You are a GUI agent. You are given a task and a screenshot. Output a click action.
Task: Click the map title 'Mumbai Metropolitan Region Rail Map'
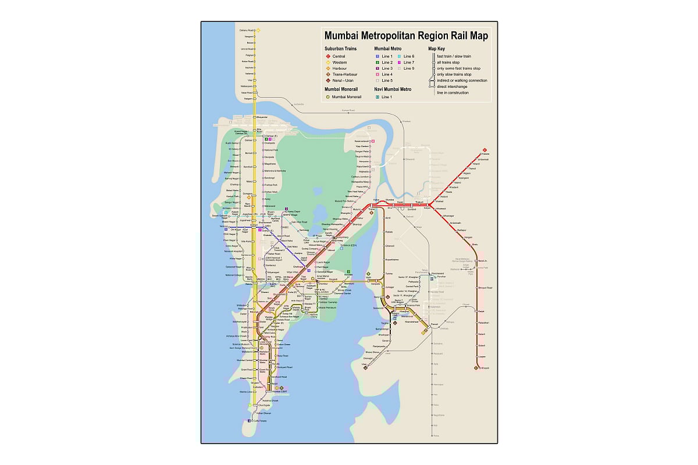(x=406, y=36)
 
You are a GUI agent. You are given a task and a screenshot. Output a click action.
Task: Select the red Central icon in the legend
(x=327, y=56)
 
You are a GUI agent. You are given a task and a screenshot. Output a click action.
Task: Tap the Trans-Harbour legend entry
(x=327, y=75)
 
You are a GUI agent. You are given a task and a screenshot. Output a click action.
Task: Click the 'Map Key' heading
(x=436, y=49)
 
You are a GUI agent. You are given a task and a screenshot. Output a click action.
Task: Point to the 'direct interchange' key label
(x=451, y=87)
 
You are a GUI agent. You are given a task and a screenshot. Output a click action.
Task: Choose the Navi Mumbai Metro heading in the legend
(x=393, y=89)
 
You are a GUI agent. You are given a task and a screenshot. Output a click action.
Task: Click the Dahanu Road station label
(x=247, y=30)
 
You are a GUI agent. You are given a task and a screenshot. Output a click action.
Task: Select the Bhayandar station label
(x=262, y=117)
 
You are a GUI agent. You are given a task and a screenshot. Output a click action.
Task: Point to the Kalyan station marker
(x=429, y=205)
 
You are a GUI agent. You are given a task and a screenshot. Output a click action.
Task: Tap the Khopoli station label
(x=485, y=368)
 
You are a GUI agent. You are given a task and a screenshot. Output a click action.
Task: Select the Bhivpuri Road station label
(x=485, y=287)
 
